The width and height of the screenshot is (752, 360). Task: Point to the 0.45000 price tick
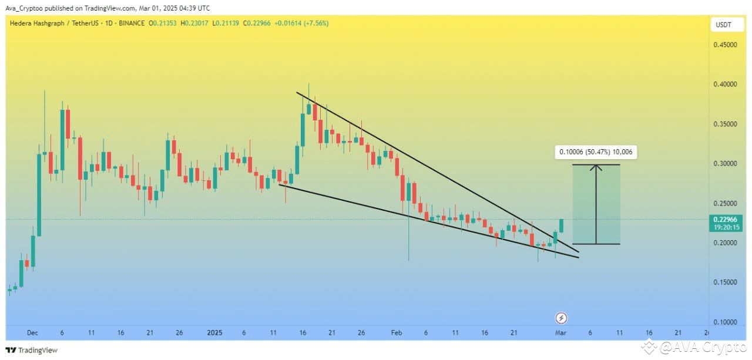click(x=725, y=45)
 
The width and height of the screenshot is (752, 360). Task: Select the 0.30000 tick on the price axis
click(x=725, y=164)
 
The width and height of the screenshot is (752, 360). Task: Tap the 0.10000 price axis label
click(x=725, y=322)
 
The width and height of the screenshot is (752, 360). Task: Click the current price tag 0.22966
click(x=726, y=220)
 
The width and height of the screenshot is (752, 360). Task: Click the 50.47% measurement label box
click(x=596, y=152)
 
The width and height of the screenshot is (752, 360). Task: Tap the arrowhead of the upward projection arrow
click(x=596, y=166)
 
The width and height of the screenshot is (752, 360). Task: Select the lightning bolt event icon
click(x=561, y=318)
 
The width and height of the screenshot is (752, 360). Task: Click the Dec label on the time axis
click(x=32, y=333)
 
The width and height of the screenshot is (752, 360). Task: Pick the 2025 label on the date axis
click(x=214, y=333)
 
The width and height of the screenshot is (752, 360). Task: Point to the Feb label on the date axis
click(x=397, y=333)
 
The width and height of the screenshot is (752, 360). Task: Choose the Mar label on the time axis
click(x=560, y=333)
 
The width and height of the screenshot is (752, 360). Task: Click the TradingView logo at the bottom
click(x=32, y=350)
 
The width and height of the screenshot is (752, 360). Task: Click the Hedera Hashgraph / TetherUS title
click(x=54, y=23)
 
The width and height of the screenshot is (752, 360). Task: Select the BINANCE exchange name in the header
click(x=132, y=23)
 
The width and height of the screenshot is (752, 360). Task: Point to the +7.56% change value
click(x=316, y=23)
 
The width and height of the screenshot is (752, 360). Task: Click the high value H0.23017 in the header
click(x=194, y=23)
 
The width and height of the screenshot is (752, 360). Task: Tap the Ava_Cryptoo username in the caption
click(x=24, y=8)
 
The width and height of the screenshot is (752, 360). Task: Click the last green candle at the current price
click(x=561, y=226)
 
